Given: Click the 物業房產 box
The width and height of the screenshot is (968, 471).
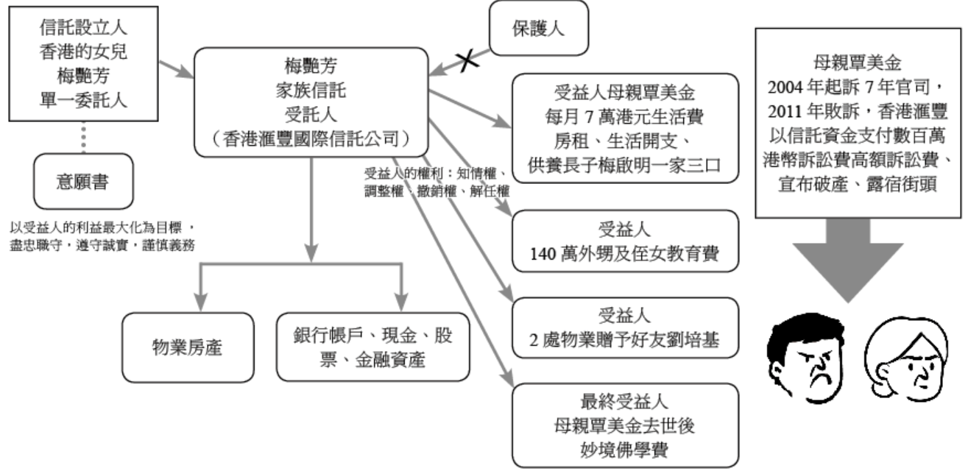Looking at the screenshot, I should coord(188,347).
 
